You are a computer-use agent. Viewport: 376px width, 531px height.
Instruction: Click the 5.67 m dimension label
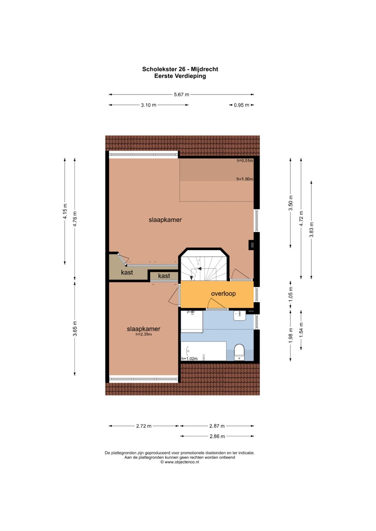[x=181, y=95]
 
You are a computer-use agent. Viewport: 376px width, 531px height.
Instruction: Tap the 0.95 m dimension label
[x=241, y=105]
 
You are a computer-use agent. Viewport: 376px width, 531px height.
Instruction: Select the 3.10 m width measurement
[x=149, y=105]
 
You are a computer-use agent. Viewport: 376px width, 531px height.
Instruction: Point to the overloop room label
[x=224, y=293]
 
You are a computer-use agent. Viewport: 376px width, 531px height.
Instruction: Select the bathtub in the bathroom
[x=204, y=351]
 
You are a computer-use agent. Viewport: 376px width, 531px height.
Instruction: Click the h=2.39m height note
[x=143, y=335]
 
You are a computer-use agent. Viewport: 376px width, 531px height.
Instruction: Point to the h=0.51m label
[x=245, y=161]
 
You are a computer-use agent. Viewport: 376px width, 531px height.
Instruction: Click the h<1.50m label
[x=245, y=179]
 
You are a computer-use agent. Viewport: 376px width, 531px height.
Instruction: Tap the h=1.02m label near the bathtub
[x=189, y=359]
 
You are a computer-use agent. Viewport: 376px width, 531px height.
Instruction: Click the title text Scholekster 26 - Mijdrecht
[x=180, y=69]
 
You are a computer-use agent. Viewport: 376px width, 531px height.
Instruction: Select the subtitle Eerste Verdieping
[x=180, y=76]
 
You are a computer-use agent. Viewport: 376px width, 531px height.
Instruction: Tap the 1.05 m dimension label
[x=291, y=294]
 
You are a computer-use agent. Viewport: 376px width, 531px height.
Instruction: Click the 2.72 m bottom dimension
[x=143, y=426]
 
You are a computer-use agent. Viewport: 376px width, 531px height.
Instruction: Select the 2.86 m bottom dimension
[x=217, y=436]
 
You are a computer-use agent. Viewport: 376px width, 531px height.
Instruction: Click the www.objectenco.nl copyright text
[x=180, y=462]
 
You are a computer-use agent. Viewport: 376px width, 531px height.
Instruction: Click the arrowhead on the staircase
[x=199, y=268]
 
